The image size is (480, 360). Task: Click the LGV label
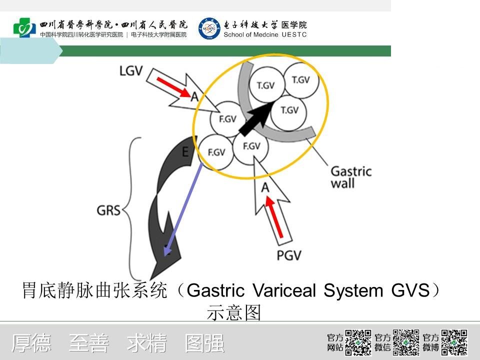pyautogui.click(x=131, y=70)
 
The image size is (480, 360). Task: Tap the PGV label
pyautogui.click(x=289, y=255)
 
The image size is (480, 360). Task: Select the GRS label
pyautogui.click(x=108, y=210)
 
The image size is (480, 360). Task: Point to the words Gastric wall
pyautogui.click(x=351, y=177)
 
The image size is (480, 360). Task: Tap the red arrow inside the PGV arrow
pyautogui.click(x=274, y=216)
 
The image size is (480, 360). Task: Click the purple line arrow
pyautogui.click(x=183, y=209)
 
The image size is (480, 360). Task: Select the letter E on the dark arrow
pyautogui.click(x=185, y=152)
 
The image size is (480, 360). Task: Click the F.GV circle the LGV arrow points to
pyautogui.click(x=228, y=119)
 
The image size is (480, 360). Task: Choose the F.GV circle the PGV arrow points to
pyautogui.click(x=251, y=147)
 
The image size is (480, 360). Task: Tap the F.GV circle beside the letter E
pyautogui.click(x=216, y=152)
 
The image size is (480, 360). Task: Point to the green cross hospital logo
pyautogui.click(x=24, y=27)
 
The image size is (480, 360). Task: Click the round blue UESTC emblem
pyautogui.click(x=209, y=28)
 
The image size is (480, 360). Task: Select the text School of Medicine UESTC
pyautogui.click(x=265, y=34)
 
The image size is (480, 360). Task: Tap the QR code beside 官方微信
pyautogui.click(x=406, y=342)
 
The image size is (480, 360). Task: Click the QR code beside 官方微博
pyautogui.click(x=454, y=342)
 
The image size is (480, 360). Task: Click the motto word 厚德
pyautogui.click(x=31, y=343)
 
